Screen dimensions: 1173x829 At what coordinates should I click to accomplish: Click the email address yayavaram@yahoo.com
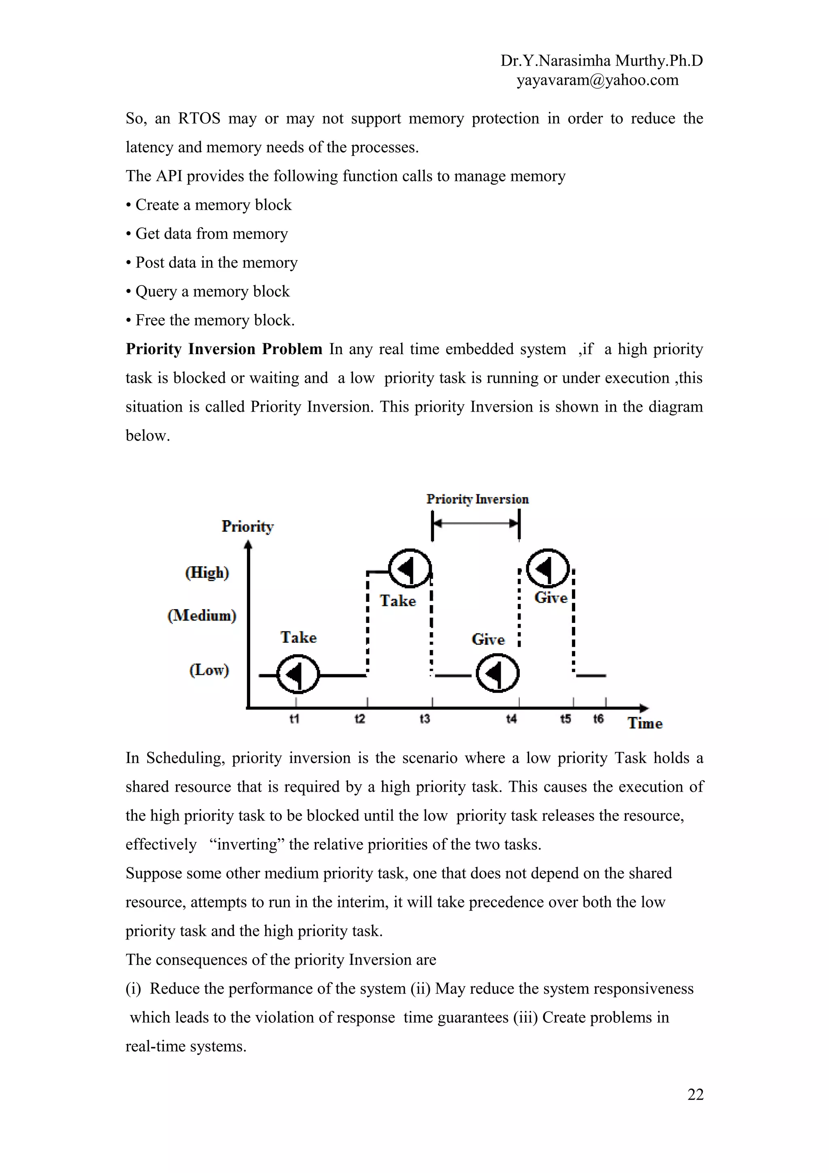coord(597,80)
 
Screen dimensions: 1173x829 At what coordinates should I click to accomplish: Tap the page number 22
coord(695,1094)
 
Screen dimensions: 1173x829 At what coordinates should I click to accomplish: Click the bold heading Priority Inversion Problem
coord(224,349)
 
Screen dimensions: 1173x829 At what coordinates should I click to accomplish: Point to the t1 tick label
coord(294,719)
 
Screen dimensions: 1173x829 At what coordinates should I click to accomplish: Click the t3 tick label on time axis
coord(425,719)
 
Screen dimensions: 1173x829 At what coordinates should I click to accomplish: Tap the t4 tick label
coord(511,719)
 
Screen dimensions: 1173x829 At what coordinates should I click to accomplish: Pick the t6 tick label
coord(598,719)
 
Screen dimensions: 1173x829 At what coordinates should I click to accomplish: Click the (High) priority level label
coord(207,572)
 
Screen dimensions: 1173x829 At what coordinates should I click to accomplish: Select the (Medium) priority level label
coord(202,615)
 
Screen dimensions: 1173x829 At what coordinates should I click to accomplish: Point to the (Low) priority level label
coord(209,670)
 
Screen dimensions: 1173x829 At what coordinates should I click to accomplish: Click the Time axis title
coord(644,723)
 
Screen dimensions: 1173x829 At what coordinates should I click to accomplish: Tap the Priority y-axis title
coord(247,526)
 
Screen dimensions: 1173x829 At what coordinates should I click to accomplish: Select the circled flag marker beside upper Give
coord(547,569)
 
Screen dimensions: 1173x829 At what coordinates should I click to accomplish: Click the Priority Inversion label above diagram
coord(477,499)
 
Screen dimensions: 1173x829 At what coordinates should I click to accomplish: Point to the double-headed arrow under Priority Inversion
coord(476,523)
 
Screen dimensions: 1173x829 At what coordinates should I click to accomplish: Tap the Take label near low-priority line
coord(298,637)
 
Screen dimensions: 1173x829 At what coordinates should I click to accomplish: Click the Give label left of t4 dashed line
coord(488,639)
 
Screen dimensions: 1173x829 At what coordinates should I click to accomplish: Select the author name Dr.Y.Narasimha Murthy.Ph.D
coord(601,61)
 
